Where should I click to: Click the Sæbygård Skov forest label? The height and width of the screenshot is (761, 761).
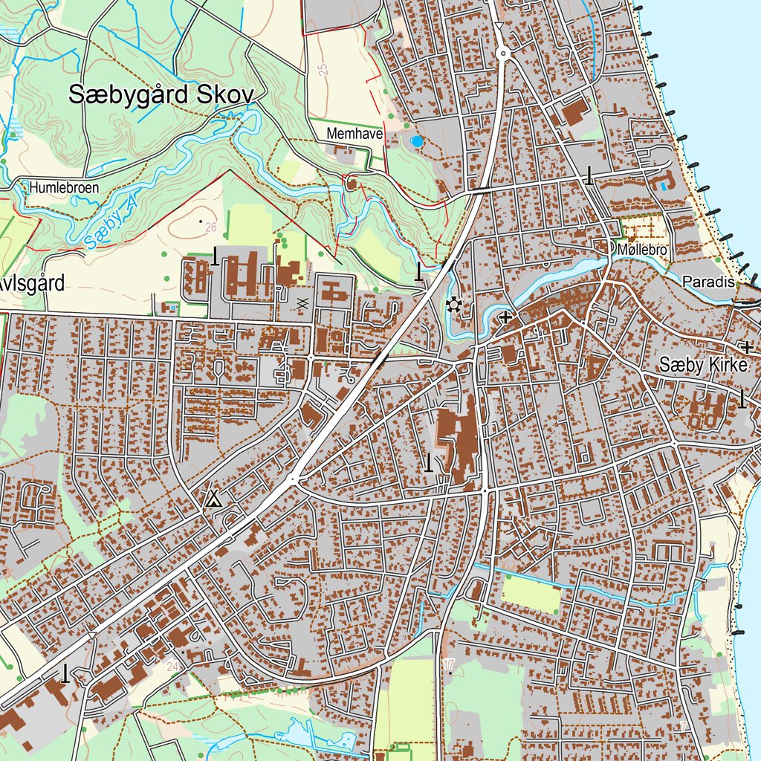coord(161,94)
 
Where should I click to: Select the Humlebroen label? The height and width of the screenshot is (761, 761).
coord(64,188)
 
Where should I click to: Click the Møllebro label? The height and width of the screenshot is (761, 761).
coord(641,250)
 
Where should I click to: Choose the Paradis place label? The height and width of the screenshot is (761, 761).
coord(707,282)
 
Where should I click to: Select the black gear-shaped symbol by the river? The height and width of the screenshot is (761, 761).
coord(453,305)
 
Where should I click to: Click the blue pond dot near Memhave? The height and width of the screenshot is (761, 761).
coord(418,140)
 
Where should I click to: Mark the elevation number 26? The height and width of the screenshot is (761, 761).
coord(210,227)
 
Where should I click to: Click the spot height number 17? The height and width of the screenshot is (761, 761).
coord(448,663)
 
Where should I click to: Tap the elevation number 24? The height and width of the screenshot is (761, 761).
coord(172,667)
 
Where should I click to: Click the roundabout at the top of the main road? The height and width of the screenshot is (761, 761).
coord(503,53)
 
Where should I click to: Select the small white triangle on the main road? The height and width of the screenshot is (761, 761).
coord(499,27)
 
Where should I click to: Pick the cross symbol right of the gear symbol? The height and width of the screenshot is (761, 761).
coord(506,318)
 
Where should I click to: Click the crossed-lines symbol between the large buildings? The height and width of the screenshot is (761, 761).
coord(302,302)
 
